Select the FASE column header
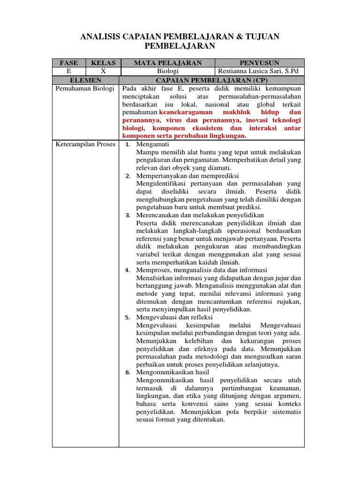[68, 63]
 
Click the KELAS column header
[103, 63]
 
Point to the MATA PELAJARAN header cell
[167, 63]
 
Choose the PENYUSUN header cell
[259, 63]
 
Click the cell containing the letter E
[68, 71]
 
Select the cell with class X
[103, 71]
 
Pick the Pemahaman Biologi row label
[85, 89]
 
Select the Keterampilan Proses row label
[85, 144]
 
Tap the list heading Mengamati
[152, 144]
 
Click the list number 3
[127, 215]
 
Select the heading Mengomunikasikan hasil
[172, 373]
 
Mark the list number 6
[127, 373]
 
